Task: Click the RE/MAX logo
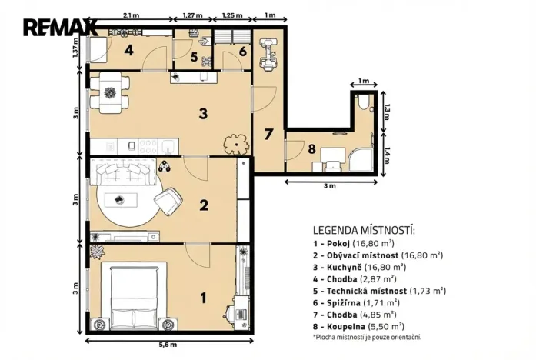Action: point(59,28)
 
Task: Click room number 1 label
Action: point(203,296)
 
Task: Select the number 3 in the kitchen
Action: point(202,114)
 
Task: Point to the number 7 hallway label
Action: point(268,135)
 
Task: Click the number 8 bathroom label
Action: point(313,148)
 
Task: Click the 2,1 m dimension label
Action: point(131,15)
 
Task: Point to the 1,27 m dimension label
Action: point(193,15)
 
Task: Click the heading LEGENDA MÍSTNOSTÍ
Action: point(364,230)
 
